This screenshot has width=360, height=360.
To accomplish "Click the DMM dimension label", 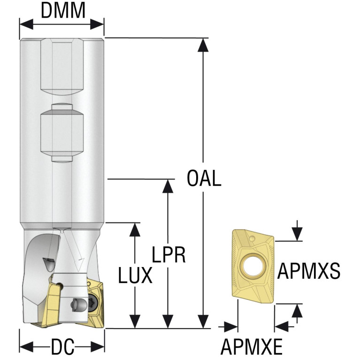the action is point(63,11).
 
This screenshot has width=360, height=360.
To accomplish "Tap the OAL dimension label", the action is point(204,178).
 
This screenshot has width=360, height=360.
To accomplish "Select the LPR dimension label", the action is point(169,254).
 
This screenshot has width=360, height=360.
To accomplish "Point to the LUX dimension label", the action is point(135,275).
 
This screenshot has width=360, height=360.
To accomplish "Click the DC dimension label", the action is point(63,347).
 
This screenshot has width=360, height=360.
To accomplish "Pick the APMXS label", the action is point(308,271).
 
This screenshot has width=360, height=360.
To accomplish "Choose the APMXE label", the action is point(252,347).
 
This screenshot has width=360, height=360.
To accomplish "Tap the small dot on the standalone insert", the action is point(253,238).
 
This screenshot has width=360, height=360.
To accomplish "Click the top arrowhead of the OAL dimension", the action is point(203,45).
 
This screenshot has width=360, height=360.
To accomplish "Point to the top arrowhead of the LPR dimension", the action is point(169,186).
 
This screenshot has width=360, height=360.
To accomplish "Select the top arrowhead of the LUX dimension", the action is point(135,230).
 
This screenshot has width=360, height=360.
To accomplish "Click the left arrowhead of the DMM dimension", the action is point(27,24).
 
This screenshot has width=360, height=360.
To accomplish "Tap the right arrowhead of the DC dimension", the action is point(98,347).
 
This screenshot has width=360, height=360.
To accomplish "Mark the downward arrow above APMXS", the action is point(297,230).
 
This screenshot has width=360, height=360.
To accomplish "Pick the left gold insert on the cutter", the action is point(53,304).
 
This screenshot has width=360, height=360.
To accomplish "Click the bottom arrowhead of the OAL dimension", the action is point(203,321).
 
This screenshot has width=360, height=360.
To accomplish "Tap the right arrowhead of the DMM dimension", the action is point(97,24).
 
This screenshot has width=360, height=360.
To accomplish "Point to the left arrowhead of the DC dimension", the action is point(27,347).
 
